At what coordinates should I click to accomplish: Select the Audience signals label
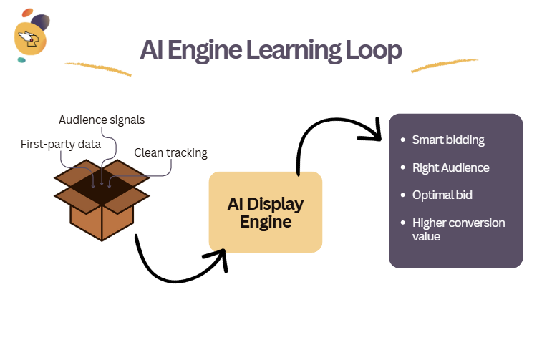click(101, 120)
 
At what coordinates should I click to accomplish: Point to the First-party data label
click(60, 145)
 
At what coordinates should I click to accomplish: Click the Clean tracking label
click(170, 152)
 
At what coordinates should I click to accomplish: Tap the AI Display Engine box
click(266, 213)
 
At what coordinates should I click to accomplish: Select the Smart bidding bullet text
click(448, 140)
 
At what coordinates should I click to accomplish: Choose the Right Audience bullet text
click(450, 167)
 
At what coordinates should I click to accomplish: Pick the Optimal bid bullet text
click(442, 195)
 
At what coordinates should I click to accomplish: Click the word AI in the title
click(152, 51)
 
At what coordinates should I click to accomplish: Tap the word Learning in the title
click(291, 51)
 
